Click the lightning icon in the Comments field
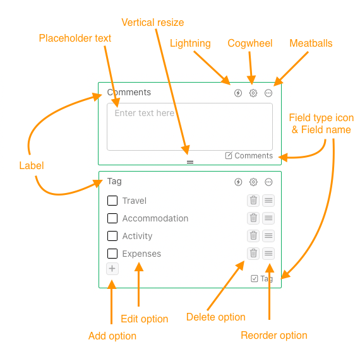coord(237,93)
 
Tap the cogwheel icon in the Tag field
coord(253,182)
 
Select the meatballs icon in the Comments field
coord(268,93)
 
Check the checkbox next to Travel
coord(112,201)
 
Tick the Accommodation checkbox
coord(112,218)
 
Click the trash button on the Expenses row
coord(253,253)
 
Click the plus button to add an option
coord(112,269)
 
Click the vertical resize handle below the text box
coord(190,162)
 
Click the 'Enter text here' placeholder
coord(145,113)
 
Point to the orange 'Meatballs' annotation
coord(311,43)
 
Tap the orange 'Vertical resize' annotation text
coord(153,23)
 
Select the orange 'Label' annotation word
coord(32,165)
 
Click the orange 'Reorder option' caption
coord(274,336)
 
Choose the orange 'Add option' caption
coord(112,336)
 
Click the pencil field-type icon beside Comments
coord(229,155)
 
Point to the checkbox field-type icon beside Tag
coord(255,278)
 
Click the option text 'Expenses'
coord(141,254)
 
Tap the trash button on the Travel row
coord(253,201)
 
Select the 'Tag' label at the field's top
coord(114,181)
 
